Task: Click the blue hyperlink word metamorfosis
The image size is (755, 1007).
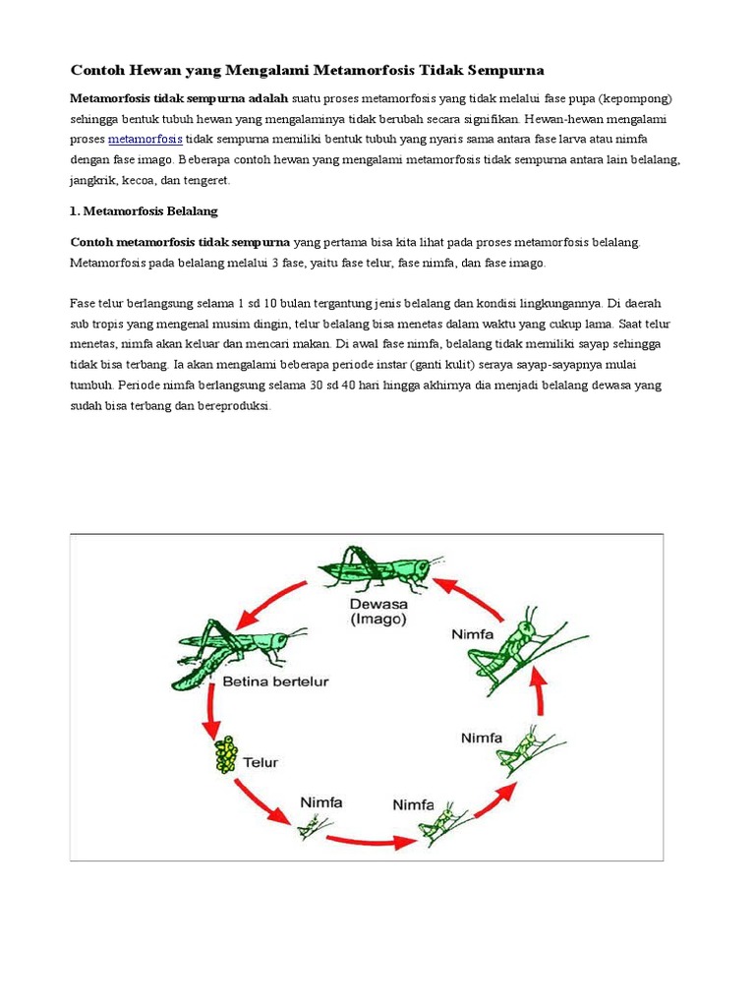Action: pyautogui.click(x=145, y=139)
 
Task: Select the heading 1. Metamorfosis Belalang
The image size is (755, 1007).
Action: pyautogui.click(x=144, y=210)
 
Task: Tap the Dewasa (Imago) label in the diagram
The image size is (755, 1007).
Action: pyautogui.click(x=378, y=611)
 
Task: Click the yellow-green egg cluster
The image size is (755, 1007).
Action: pyautogui.click(x=228, y=755)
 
